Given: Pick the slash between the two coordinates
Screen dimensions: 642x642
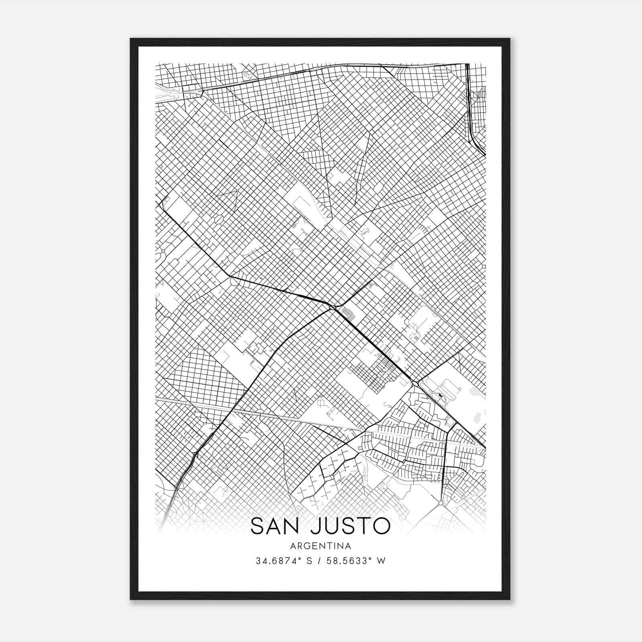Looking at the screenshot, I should (x=320, y=561).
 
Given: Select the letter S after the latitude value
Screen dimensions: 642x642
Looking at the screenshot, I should (x=309, y=561).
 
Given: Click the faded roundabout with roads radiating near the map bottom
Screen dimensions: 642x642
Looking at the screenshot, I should (x=441, y=502).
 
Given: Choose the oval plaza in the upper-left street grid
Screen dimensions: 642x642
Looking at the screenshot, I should (x=219, y=219).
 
